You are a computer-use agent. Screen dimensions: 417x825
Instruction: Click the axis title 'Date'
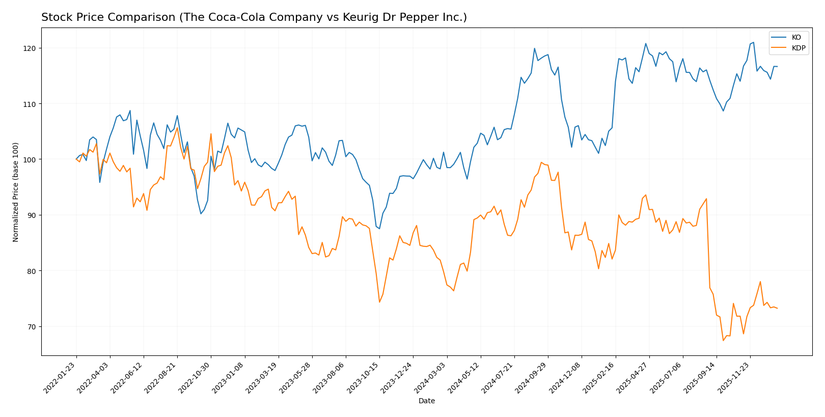(427, 401)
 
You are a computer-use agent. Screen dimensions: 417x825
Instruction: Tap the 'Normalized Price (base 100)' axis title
(16, 192)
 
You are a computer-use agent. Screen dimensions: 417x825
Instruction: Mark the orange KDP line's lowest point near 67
(723, 340)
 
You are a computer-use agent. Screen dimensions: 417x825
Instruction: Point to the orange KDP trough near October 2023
(379, 302)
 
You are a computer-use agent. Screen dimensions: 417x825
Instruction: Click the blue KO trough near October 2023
(379, 229)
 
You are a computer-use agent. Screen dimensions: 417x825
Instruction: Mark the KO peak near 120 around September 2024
(534, 48)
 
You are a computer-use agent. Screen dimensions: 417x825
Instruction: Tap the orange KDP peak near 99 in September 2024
(541, 162)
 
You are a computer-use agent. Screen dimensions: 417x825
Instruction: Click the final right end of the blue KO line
(777, 67)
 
